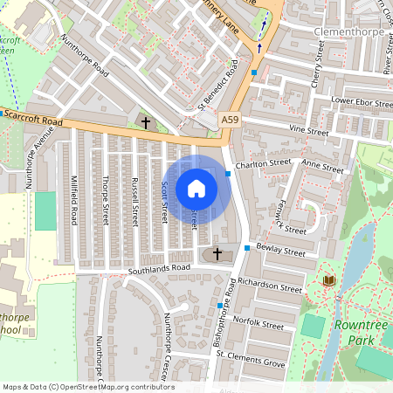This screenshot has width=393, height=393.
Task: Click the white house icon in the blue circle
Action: tap(196, 189)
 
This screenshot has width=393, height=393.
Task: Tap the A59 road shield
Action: tap(230, 120)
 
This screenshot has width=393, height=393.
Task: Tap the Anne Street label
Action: tap(322, 165)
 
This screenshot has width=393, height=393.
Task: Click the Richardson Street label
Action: tap(269, 286)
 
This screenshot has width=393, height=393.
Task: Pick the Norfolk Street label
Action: tap(260, 324)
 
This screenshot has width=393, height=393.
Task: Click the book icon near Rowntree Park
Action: tap(329, 279)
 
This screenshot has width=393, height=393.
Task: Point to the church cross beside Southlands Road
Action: tap(217, 253)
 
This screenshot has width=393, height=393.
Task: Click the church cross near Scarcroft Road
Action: tap(145, 123)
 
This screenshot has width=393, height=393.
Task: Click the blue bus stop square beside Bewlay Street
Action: tap(247, 249)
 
